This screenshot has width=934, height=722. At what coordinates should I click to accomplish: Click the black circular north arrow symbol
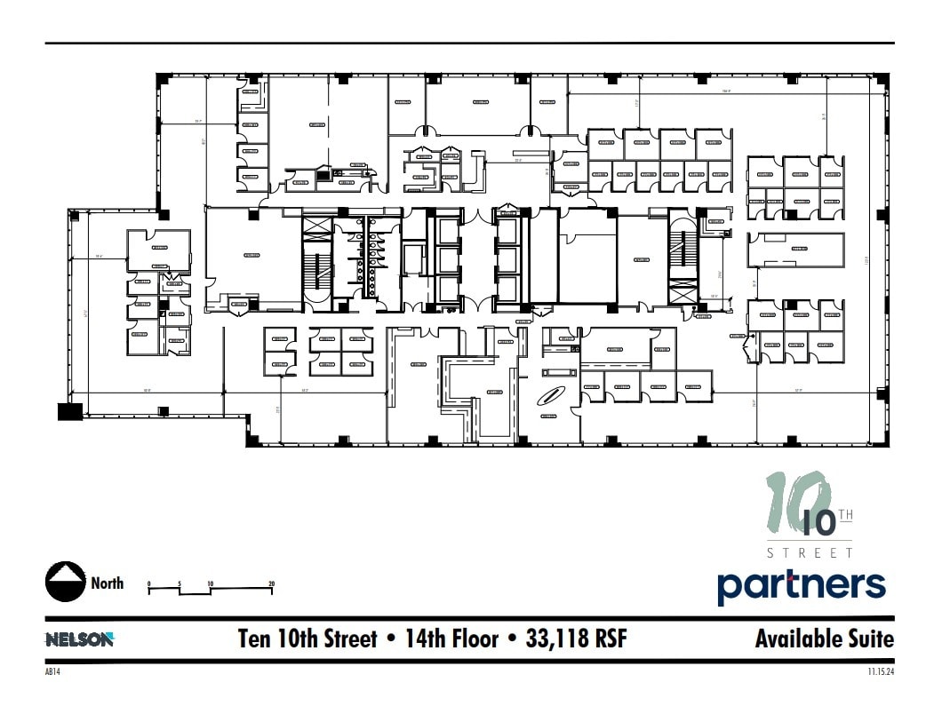point(65,583)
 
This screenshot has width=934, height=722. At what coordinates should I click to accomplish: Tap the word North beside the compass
point(108,583)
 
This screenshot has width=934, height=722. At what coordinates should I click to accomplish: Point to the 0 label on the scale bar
point(149,583)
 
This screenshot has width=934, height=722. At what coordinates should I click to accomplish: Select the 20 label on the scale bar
point(271,583)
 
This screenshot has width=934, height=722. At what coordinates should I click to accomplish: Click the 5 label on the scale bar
point(180,583)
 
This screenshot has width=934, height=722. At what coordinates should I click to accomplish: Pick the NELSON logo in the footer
point(79,639)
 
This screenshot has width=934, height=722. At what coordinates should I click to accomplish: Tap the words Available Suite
point(824,639)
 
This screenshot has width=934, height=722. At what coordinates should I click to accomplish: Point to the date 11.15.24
point(880,672)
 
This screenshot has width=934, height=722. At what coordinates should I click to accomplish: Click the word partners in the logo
point(802,585)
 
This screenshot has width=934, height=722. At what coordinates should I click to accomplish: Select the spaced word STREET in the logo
point(809,552)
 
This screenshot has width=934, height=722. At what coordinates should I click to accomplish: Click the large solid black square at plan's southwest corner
point(70,410)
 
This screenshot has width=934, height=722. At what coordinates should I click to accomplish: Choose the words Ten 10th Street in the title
point(307,639)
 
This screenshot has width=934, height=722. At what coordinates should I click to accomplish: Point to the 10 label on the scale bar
point(210,583)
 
